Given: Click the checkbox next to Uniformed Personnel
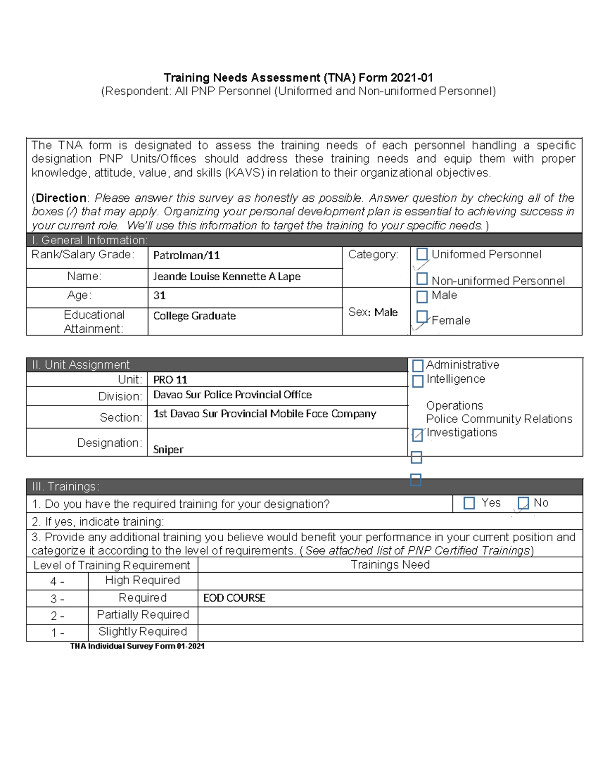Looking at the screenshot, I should (x=422, y=254).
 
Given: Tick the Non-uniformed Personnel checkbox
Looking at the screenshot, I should (x=422, y=279).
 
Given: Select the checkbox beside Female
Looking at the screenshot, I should (x=422, y=316).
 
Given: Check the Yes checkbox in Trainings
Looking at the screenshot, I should (x=469, y=503).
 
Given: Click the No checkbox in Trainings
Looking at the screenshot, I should (x=523, y=503).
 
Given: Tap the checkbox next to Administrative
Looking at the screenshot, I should (x=418, y=365).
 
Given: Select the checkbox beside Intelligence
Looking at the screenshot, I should (x=418, y=381).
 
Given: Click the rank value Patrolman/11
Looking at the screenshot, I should (x=186, y=256).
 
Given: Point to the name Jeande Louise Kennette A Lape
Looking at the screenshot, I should (x=227, y=277).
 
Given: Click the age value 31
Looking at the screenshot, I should (x=159, y=296).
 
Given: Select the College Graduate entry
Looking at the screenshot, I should (x=194, y=316).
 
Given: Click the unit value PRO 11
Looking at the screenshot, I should (x=170, y=380).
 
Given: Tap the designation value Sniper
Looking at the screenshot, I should (x=168, y=450).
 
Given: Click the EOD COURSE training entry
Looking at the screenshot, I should (x=234, y=598).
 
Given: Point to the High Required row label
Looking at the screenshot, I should (x=143, y=581).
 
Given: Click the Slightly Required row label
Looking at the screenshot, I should (x=143, y=632).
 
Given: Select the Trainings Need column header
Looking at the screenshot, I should (x=390, y=565).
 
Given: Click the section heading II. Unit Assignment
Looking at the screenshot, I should (x=81, y=365).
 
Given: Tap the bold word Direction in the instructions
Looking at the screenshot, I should (x=61, y=198).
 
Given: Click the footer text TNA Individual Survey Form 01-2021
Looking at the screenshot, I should (x=137, y=646).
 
